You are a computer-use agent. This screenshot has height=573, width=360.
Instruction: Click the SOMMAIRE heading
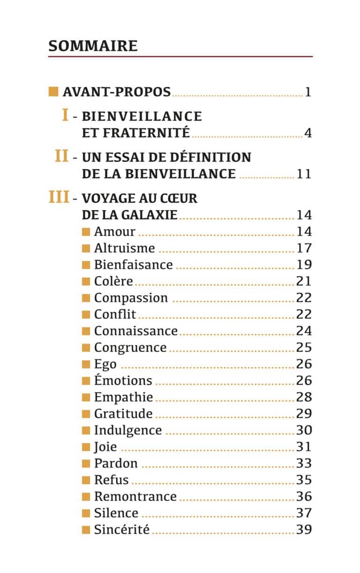(93, 46)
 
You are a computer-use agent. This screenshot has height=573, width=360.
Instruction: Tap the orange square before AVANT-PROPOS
(53, 92)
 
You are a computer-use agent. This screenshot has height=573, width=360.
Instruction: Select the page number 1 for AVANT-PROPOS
(308, 92)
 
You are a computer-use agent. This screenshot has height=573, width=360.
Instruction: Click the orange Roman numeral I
(65, 114)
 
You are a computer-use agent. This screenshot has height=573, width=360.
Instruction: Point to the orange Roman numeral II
(61, 156)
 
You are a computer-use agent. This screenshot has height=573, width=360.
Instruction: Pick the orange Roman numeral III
(59, 197)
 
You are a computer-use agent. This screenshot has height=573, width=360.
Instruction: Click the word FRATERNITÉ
(146, 133)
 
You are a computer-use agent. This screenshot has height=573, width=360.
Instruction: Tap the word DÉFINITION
(210, 158)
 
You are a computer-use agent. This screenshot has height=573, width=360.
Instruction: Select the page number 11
(304, 174)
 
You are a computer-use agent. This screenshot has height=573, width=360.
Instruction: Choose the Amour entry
(114, 232)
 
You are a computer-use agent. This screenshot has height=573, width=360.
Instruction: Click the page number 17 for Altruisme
(304, 248)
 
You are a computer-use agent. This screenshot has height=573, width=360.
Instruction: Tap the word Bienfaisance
(134, 265)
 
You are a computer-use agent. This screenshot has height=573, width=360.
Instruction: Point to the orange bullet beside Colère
(86, 282)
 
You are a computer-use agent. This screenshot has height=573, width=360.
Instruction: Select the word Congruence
(130, 348)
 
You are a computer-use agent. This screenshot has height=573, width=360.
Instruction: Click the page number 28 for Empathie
(304, 397)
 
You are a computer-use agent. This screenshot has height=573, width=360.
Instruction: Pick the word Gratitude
(123, 414)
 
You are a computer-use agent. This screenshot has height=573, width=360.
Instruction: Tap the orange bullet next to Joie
(86, 447)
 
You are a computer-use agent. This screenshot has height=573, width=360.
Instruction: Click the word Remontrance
(135, 497)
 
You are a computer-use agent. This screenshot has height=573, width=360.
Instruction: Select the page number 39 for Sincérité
(304, 529)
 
